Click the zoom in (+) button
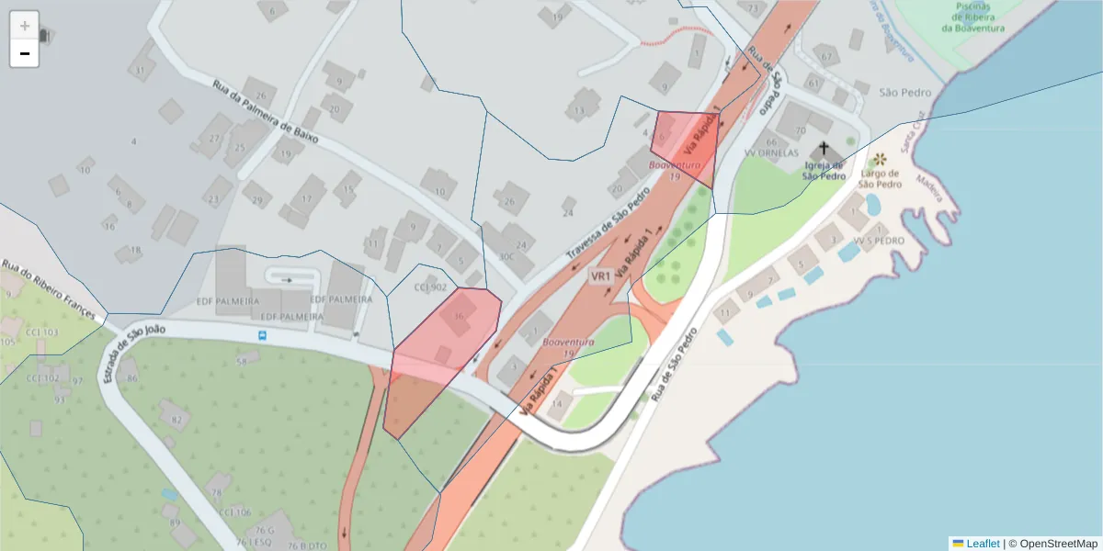pos(25,26)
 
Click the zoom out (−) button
pos(25,53)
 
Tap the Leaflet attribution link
pos(982,544)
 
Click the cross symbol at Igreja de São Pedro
pos(824,149)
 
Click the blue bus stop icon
pos(263,335)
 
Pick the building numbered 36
pos(458,318)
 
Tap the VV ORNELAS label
pos(771,153)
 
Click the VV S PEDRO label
pos(878,241)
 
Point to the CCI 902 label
pos(429,287)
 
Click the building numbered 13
pos(580,108)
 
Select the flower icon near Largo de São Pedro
pos(881,159)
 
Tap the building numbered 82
pos(174,419)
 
